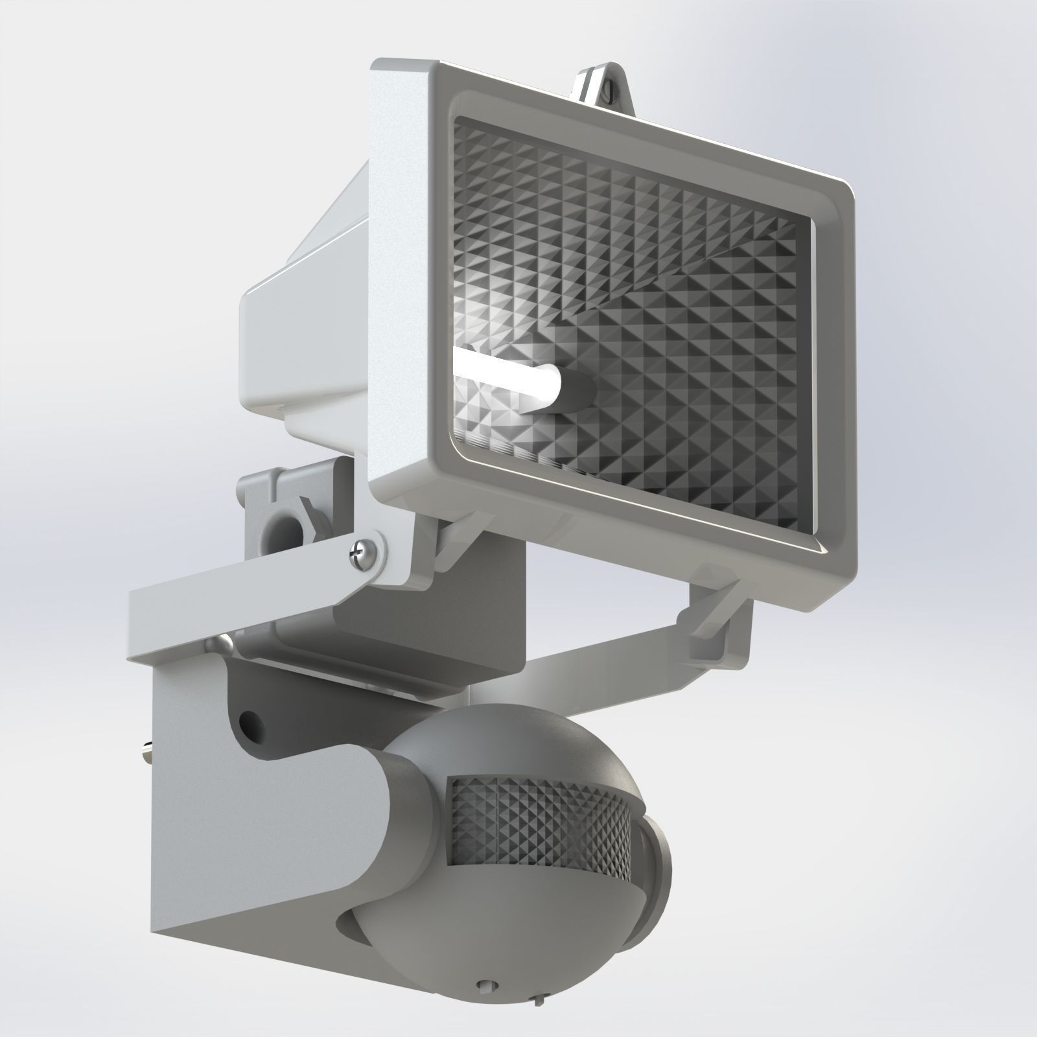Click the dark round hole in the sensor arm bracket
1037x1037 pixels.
[249, 721]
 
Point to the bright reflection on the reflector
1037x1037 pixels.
[493, 324]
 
